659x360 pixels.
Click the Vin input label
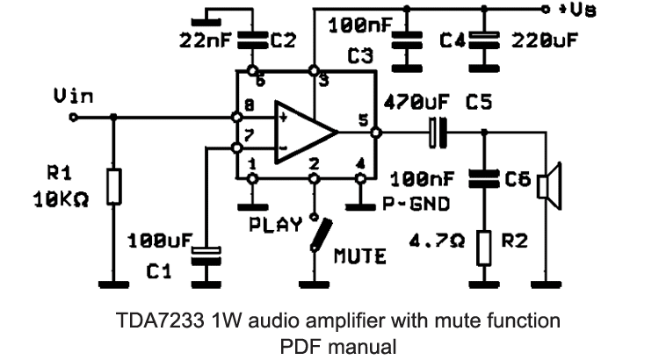click(x=73, y=97)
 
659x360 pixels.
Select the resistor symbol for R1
click(x=112, y=187)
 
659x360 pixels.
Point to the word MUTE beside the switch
click(x=359, y=257)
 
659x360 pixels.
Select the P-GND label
click(x=418, y=206)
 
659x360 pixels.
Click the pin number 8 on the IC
click(x=250, y=104)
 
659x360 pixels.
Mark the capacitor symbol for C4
click(x=482, y=39)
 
